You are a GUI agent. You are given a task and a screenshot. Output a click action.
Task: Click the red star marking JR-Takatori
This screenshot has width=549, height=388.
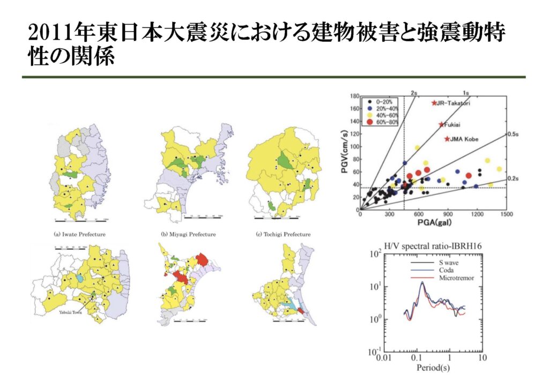[434, 103]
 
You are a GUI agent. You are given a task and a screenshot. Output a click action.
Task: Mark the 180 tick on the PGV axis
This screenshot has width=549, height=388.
[354, 96]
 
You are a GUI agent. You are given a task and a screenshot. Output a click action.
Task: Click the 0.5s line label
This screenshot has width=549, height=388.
[514, 135]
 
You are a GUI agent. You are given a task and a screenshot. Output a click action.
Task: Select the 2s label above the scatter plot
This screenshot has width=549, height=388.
[414, 92]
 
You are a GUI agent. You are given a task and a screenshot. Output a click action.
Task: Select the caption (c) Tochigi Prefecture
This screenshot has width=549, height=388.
[284, 234]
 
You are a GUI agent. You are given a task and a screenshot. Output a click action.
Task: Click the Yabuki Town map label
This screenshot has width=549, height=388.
[70, 313]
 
